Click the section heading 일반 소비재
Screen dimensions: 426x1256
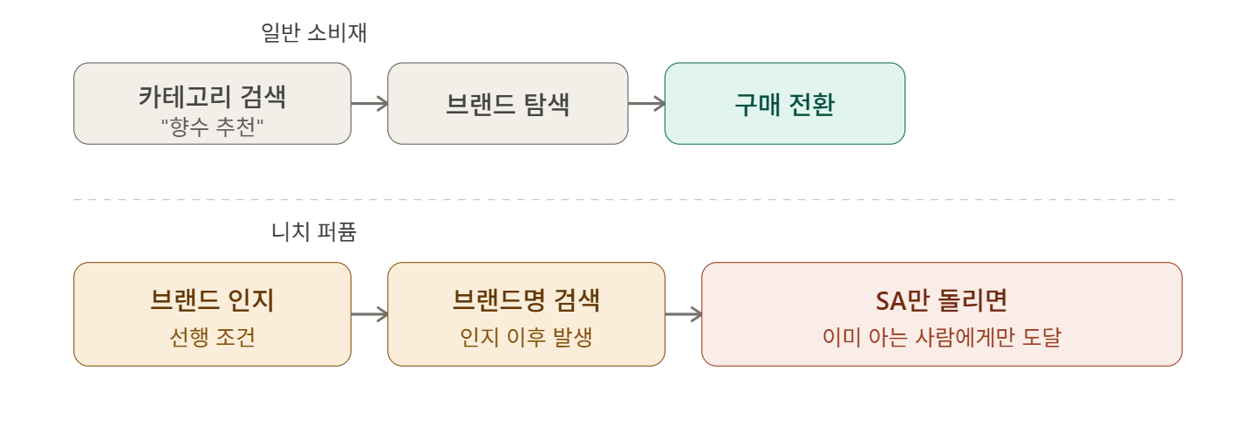coord(313,33)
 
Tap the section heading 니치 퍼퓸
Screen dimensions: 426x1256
coord(314,232)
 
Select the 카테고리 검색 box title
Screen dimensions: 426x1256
coord(212,96)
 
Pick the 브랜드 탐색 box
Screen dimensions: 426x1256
coord(508,104)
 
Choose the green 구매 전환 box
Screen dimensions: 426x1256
coord(784,104)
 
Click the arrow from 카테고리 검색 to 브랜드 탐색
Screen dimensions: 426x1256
coord(369,104)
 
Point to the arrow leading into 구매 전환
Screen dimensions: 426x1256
coord(646,104)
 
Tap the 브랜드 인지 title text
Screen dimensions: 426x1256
coord(212,300)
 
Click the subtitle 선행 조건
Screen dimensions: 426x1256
coord(212,337)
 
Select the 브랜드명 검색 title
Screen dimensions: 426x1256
coord(526,300)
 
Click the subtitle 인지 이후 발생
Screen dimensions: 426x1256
coord(526,337)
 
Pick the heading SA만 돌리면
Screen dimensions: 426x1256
coord(941,300)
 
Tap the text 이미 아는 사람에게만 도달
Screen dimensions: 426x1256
coord(941,337)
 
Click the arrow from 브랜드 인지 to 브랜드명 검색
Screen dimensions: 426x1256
coord(369,314)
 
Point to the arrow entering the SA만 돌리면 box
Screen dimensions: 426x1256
coord(683,314)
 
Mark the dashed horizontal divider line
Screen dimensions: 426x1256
coord(624,200)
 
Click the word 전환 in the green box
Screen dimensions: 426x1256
coord(810,105)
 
